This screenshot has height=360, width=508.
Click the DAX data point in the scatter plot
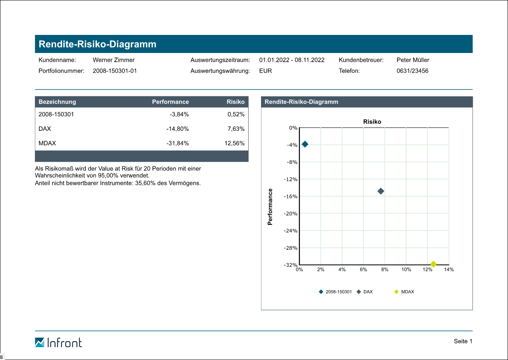[381, 191]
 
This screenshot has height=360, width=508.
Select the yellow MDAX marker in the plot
[433, 264]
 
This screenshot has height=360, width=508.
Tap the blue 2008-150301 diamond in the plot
[305, 144]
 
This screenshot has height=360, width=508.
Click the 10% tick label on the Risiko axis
[406, 270]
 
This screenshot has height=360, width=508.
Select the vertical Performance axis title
[270, 207]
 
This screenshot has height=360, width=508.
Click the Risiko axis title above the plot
[372, 122]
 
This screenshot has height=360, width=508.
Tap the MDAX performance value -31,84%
[177, 143]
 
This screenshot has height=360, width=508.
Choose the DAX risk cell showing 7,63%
[236, 129]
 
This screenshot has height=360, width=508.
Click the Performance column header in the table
[170, 102]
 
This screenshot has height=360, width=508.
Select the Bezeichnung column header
[57, 102]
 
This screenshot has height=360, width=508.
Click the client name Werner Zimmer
[114, 60]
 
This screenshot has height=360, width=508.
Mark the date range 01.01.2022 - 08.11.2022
[292, 60]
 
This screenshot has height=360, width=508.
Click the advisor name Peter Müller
[413, 60]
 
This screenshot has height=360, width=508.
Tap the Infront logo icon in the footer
[40, 342]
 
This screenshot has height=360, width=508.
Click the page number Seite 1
[463, 342]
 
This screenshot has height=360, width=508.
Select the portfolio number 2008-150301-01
[115, 71]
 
